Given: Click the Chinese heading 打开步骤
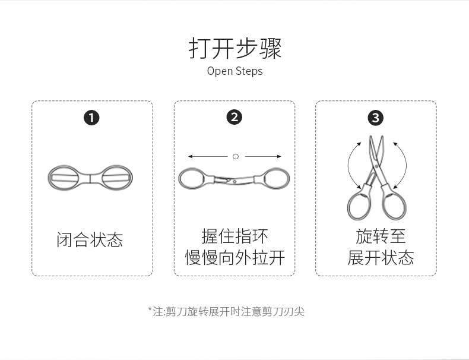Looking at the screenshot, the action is (235, 48).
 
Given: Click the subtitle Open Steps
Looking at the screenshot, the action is (235, 71).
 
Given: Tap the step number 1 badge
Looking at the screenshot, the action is (91, 118).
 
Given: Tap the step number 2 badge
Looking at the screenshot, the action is (235, 118).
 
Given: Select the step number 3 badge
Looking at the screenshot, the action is (375, 118).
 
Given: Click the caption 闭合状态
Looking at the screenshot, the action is (90, 240).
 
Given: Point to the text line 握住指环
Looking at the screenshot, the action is (235, 236).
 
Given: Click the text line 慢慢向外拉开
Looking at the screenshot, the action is (235, 258).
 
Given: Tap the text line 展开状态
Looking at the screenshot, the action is (381, 258).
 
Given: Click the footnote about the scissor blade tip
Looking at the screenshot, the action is (226, 311).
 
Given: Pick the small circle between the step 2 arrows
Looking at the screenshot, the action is (235, 156).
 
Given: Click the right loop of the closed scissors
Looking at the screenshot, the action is (116, 177).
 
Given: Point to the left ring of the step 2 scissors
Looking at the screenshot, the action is (192, 178).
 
